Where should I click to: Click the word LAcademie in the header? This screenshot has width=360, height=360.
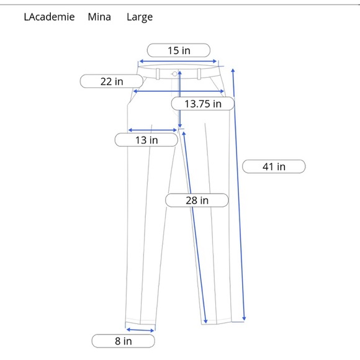49,17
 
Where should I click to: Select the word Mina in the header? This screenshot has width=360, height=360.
99,17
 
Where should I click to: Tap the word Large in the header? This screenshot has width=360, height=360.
140,17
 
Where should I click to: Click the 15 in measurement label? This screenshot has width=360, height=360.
179,50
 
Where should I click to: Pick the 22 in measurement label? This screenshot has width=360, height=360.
112,81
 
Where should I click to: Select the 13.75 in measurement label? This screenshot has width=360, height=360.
203,104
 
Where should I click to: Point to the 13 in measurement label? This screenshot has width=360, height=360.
146,140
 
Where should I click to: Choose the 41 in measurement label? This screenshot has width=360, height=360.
274,166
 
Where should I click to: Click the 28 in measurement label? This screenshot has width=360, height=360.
197,200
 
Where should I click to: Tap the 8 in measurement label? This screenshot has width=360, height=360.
123,341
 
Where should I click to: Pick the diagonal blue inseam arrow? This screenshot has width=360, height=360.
194,227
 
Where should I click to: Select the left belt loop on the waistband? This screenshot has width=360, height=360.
158,74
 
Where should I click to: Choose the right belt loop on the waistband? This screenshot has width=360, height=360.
199,74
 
